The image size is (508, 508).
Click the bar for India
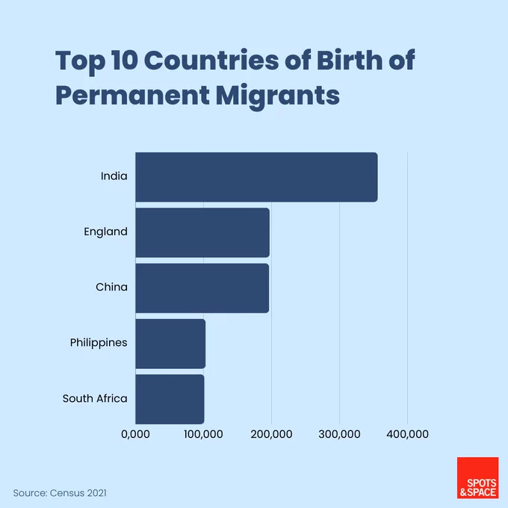(x=256, y=177)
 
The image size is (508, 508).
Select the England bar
(x=202, y=232)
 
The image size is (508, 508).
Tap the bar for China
(x=202, y=288)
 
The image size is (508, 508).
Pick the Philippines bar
(x=170, y=344)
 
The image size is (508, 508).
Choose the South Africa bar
(x=170, y=399)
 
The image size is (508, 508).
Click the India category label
(x=114, y=176)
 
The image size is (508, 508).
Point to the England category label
(x=105, y=232)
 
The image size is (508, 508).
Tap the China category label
(x=111, y=287)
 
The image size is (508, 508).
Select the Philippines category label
(x=99, y=343)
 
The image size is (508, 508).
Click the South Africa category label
(x=95, y=398)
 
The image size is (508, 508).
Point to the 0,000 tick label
(x=135, y=434)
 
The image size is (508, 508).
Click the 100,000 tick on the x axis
(x=203, y=434)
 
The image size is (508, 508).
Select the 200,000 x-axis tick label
(x=271, y=434)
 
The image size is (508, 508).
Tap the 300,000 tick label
(x=339, y=434)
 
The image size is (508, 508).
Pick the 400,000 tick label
(x=408, y=434)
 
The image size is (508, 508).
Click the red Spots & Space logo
(x=478, y=478)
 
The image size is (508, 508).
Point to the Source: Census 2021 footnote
(x=60, y=493)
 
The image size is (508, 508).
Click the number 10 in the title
(x=125, y=61)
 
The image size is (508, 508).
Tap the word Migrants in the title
(x=278, y=96)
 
